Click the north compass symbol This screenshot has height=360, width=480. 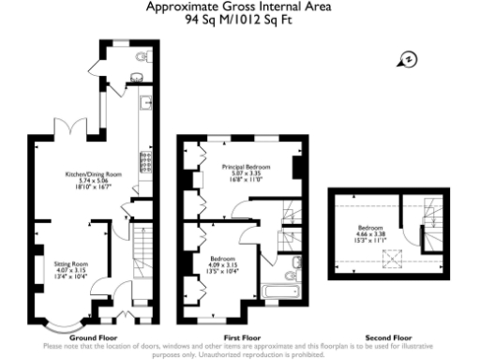[410, 60]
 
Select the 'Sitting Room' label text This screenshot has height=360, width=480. [69, 265]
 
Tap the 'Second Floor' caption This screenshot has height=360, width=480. [388, 336]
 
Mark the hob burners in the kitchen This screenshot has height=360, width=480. [144, 163]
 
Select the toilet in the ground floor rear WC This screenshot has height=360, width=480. [142, 57]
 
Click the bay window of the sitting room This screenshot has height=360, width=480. [63, 325]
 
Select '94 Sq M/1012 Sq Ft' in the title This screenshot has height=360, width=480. [239, 18]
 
